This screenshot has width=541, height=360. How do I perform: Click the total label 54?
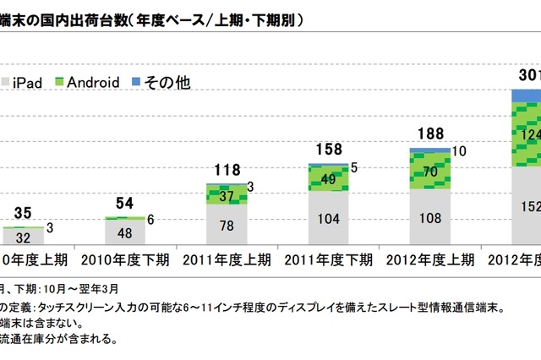(x=125, y=203)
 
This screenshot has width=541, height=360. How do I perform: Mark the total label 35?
(x=25, y=212)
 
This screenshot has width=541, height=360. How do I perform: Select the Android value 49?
(x=328, y=178)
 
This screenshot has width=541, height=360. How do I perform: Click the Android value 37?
(x=226, y=196)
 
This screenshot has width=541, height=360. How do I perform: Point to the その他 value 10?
(x=459, y=151)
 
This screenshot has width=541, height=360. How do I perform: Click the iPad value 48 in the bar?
(x=125, y=234)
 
